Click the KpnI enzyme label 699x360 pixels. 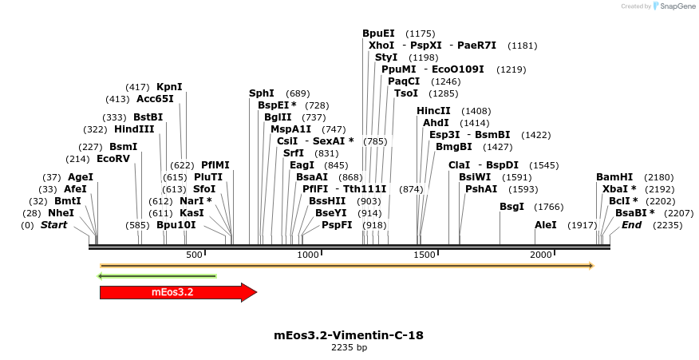(169, 86)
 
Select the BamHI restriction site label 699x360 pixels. (614, 177)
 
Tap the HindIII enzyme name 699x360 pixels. (134, 129)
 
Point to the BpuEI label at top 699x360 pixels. (378, 34)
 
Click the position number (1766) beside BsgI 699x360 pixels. (548, 207)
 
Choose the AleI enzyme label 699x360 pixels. (546, 225)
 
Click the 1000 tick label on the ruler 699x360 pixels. (308, 255)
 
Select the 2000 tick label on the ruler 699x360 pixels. (542, 255)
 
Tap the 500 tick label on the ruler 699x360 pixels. (194, 255)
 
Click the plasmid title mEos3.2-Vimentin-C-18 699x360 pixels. (349, 335)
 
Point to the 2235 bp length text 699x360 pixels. (349, 348)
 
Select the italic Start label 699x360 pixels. (53, 225)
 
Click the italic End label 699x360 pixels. (631, 225)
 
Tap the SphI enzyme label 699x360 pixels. (262, 93)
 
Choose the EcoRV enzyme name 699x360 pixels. (113, 159)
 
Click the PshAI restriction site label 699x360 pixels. (481, 189)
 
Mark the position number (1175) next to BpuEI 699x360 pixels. (420, 34)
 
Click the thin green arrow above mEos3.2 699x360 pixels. (156, 276)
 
